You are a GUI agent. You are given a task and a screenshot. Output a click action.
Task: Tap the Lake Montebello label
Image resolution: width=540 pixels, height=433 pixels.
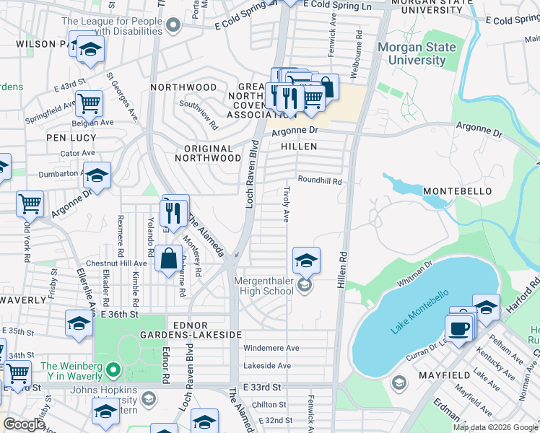(419, 312)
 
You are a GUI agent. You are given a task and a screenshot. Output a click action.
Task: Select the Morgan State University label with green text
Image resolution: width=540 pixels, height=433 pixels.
(417, 54)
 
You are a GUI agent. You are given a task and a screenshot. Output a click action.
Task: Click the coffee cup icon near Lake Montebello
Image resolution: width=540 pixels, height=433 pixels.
(459, 328)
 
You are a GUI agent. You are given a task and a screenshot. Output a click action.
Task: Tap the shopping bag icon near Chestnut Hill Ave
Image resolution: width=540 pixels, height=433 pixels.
(168, 258)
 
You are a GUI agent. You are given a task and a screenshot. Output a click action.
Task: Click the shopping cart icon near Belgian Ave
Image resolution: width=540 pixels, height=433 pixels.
(90, 103)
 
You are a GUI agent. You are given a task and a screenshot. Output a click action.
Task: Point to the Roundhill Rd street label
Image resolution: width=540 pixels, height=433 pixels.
(319, 182)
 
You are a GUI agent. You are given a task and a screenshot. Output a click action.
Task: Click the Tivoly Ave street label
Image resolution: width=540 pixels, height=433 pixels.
(286, 202)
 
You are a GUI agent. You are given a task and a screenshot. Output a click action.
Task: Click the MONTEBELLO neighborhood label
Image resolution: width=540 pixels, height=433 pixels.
(457, 191)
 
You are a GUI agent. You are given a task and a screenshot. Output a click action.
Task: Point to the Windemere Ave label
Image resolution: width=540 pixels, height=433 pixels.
(271, 348)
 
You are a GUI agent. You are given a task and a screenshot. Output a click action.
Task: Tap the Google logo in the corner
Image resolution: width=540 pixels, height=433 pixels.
(24, 424)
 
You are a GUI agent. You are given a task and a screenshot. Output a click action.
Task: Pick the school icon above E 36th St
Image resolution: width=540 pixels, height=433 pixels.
(79, 323)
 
